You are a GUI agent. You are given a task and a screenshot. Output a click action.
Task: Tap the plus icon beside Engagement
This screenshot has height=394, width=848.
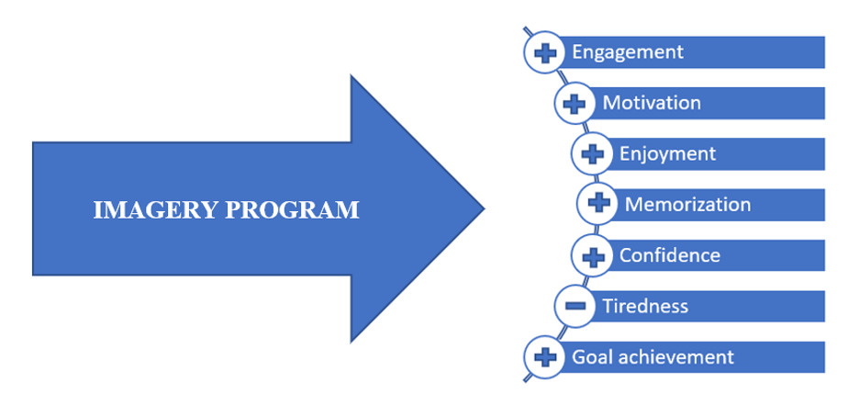(544, 52)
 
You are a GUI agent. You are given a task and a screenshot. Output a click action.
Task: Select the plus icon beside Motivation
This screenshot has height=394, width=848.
(575, 104)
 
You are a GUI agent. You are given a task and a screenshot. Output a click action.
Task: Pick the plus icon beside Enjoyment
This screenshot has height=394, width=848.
(592, 153)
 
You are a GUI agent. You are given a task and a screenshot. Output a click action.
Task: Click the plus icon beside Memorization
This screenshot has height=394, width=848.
(597, 204)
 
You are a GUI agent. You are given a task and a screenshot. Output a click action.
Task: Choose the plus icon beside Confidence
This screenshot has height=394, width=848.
(592, 254)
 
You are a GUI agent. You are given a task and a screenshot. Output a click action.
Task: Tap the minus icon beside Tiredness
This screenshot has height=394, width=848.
(575, 306)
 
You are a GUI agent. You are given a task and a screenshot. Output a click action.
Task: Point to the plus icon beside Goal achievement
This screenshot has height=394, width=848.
(544, 356)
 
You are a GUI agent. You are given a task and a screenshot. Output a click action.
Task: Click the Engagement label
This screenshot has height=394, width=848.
(627, 51)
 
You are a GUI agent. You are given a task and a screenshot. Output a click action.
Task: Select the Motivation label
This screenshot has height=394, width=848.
(652, 103)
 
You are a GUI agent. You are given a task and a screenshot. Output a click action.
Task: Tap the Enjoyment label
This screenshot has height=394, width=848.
(667, 153)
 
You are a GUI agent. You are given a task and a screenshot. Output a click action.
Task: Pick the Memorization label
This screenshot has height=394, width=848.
(687, 204)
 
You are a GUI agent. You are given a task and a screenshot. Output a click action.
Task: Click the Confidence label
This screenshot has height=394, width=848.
(669, 254)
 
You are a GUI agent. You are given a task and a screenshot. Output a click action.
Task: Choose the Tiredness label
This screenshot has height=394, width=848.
(644, 305)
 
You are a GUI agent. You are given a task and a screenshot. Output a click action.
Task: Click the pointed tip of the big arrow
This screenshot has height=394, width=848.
(484, 209)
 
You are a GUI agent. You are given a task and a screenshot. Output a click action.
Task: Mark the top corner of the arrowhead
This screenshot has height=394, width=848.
(352, 75)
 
